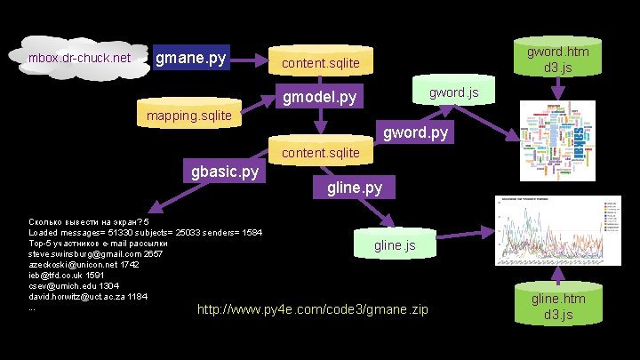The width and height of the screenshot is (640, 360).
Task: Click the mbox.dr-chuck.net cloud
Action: click(79, 59)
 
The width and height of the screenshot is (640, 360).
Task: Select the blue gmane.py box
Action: click(190, 59)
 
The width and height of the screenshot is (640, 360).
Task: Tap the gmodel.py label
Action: click(319, 96)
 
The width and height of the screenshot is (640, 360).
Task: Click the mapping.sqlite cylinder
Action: click(188, 115)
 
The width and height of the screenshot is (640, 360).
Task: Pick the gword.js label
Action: click(454, 92)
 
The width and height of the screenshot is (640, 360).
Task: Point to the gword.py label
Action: click(415, 134)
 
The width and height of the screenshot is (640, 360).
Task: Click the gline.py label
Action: click(355, 188)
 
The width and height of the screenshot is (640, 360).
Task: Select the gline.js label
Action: click(394, 244)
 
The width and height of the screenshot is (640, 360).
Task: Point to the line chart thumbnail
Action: click(559, 229)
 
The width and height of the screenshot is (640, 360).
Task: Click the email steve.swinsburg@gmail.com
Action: click(83, 253)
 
